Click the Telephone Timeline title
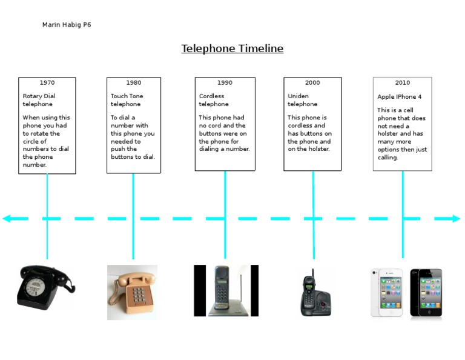click(232, 48)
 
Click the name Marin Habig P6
click(67, 25)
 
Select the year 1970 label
click(47, 82)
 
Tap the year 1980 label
click(134, 82)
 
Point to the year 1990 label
click(225, 82)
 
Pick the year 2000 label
click(312, 82)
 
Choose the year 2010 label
click(402, 82)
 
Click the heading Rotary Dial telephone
click(38, 100)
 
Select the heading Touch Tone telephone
click(127, 100)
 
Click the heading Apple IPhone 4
click(400, 96)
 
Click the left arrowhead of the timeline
click(7, 218)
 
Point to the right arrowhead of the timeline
click(456, 218)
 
